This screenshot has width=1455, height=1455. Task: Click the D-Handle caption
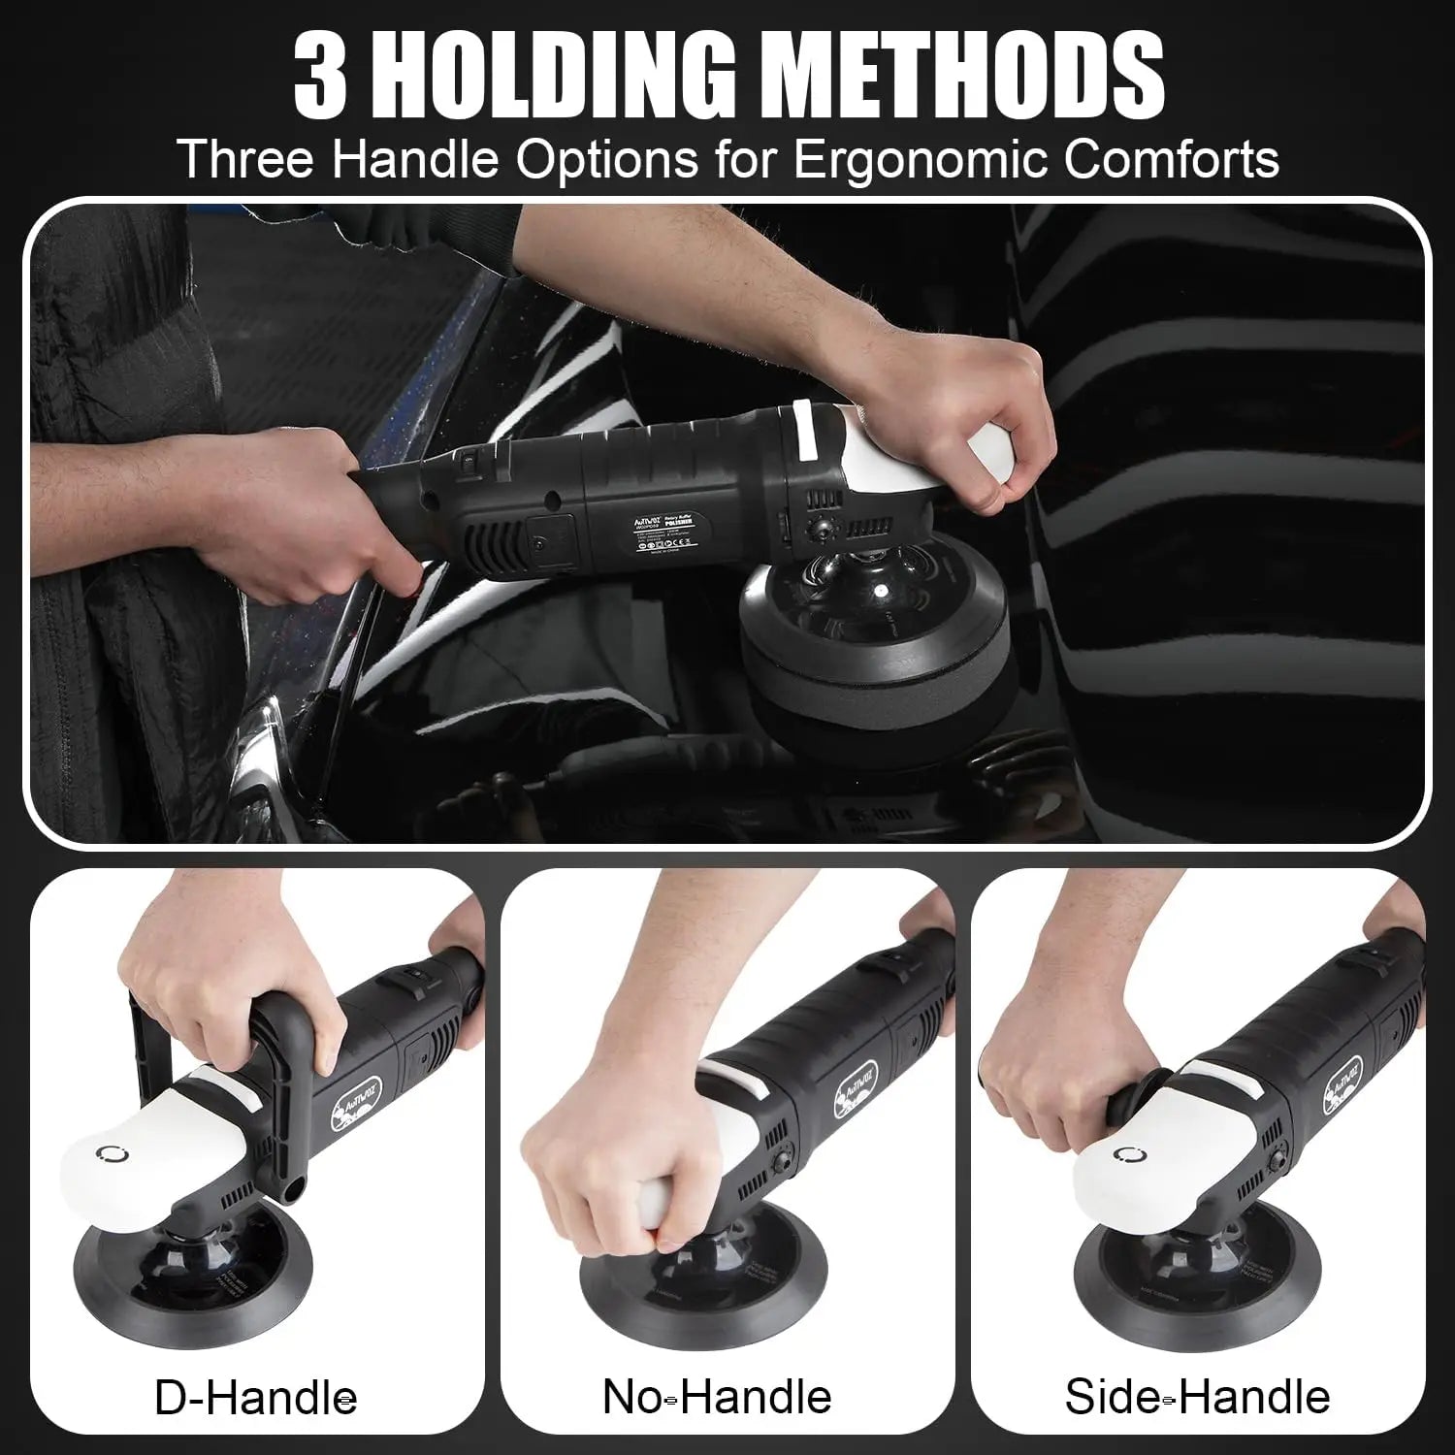click(255, 1398)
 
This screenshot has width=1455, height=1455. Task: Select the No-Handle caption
click(717, 1398)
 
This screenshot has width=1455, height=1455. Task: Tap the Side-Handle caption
click(1197, 1398)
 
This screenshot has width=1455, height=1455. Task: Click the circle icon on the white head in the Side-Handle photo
click(1127, 1155)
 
